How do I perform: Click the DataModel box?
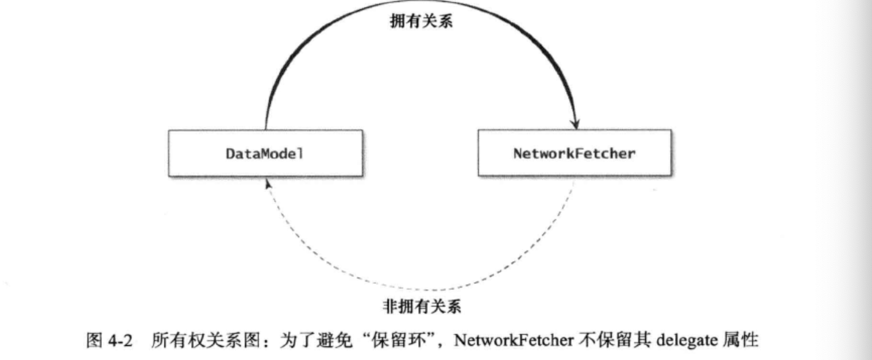(x=265, y=152)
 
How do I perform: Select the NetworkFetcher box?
(x=574, y=152)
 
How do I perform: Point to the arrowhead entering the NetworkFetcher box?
(x=576, y=123)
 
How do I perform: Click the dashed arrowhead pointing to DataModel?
(x=266, y=183)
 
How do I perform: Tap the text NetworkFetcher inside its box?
(x=574, y=153)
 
